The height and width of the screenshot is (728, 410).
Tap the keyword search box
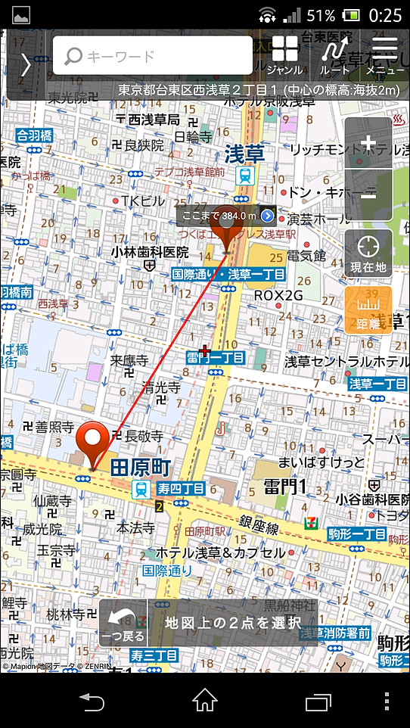152,56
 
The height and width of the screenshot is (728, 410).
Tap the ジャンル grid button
285,54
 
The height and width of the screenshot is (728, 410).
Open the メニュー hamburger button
385,54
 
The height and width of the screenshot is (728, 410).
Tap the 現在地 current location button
368,253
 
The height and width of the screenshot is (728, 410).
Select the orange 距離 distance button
368,310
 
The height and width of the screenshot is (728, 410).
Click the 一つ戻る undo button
123,624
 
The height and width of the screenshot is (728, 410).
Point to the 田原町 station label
141,467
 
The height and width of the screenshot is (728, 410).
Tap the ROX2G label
278,294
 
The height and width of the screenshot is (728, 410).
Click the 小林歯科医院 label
150,251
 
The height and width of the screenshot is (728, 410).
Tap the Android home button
205,701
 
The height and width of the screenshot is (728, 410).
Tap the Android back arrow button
92,701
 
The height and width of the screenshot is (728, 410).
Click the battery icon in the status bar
351,14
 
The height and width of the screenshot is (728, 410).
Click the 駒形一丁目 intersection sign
357,534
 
